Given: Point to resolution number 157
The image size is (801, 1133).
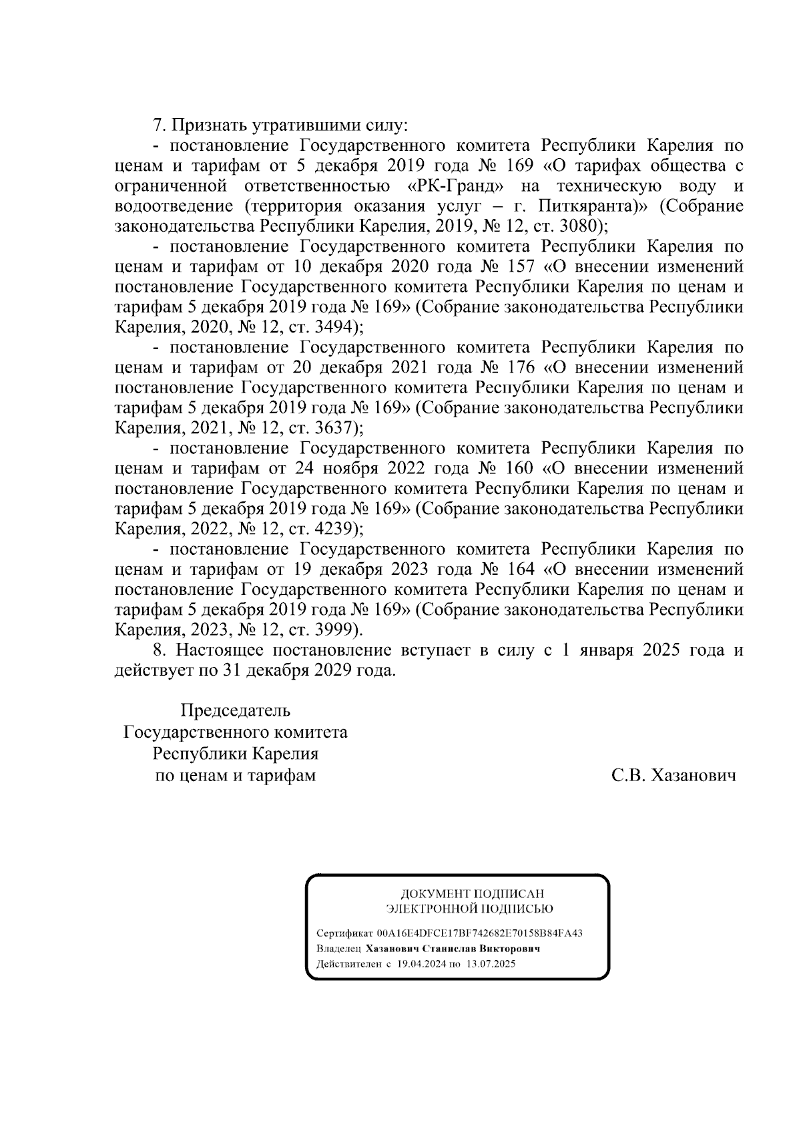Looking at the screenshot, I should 520,266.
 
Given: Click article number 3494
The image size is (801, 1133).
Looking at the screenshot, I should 335,327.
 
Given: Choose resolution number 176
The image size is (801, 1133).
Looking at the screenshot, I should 520,367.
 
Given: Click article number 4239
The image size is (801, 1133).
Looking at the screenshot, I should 335,529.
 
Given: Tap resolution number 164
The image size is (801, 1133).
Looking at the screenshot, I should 520,569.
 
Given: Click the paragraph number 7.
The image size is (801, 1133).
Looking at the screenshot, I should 158,125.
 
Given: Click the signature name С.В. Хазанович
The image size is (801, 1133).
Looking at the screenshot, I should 674,775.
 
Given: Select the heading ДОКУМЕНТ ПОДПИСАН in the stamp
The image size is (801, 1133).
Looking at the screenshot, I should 472,893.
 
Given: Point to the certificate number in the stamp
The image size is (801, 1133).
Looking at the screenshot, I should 479,933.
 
